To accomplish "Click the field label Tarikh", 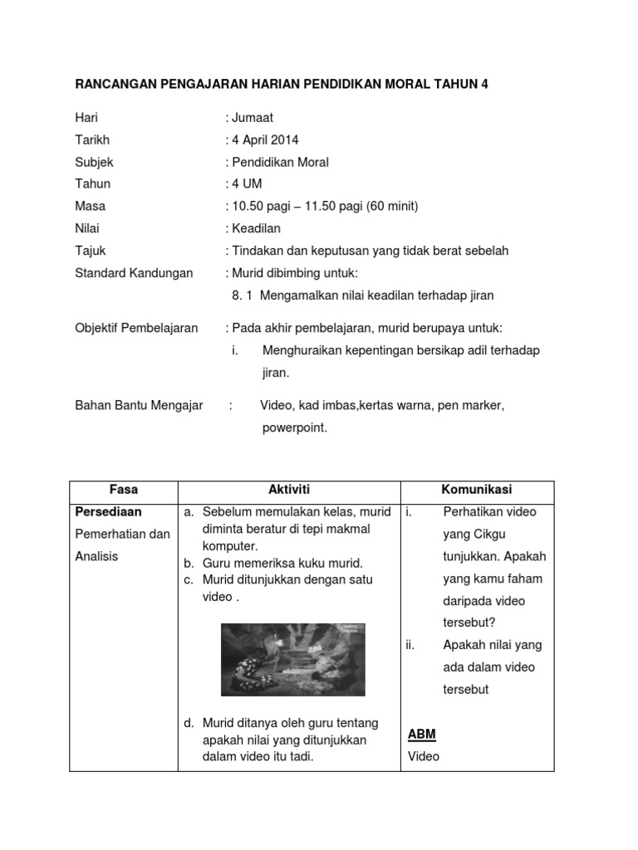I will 92,139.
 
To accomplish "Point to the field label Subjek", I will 94,162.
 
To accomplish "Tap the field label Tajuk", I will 91,250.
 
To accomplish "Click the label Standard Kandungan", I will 134,272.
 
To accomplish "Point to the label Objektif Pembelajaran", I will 136,328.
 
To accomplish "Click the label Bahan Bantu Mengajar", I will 139,405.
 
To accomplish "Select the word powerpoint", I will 295,428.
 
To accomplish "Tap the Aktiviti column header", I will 289,490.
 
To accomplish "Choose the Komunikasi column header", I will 477,490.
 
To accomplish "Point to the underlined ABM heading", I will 422,735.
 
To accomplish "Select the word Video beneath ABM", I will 424,756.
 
